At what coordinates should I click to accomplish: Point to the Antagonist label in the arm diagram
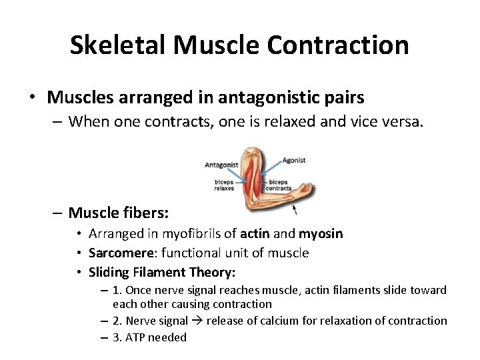(x=221, y=165)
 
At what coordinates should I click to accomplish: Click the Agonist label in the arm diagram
(x=294, y=160)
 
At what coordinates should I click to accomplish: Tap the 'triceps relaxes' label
(x=224, y=185)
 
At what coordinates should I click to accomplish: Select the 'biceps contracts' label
(x=279, y=185)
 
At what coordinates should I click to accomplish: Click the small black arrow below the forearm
(x=295, y=211)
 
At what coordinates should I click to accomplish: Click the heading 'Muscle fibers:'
(x=119, y=213)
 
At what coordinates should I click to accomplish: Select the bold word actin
(x=255, y=234)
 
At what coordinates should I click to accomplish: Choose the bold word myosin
(x=321, y=234)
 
